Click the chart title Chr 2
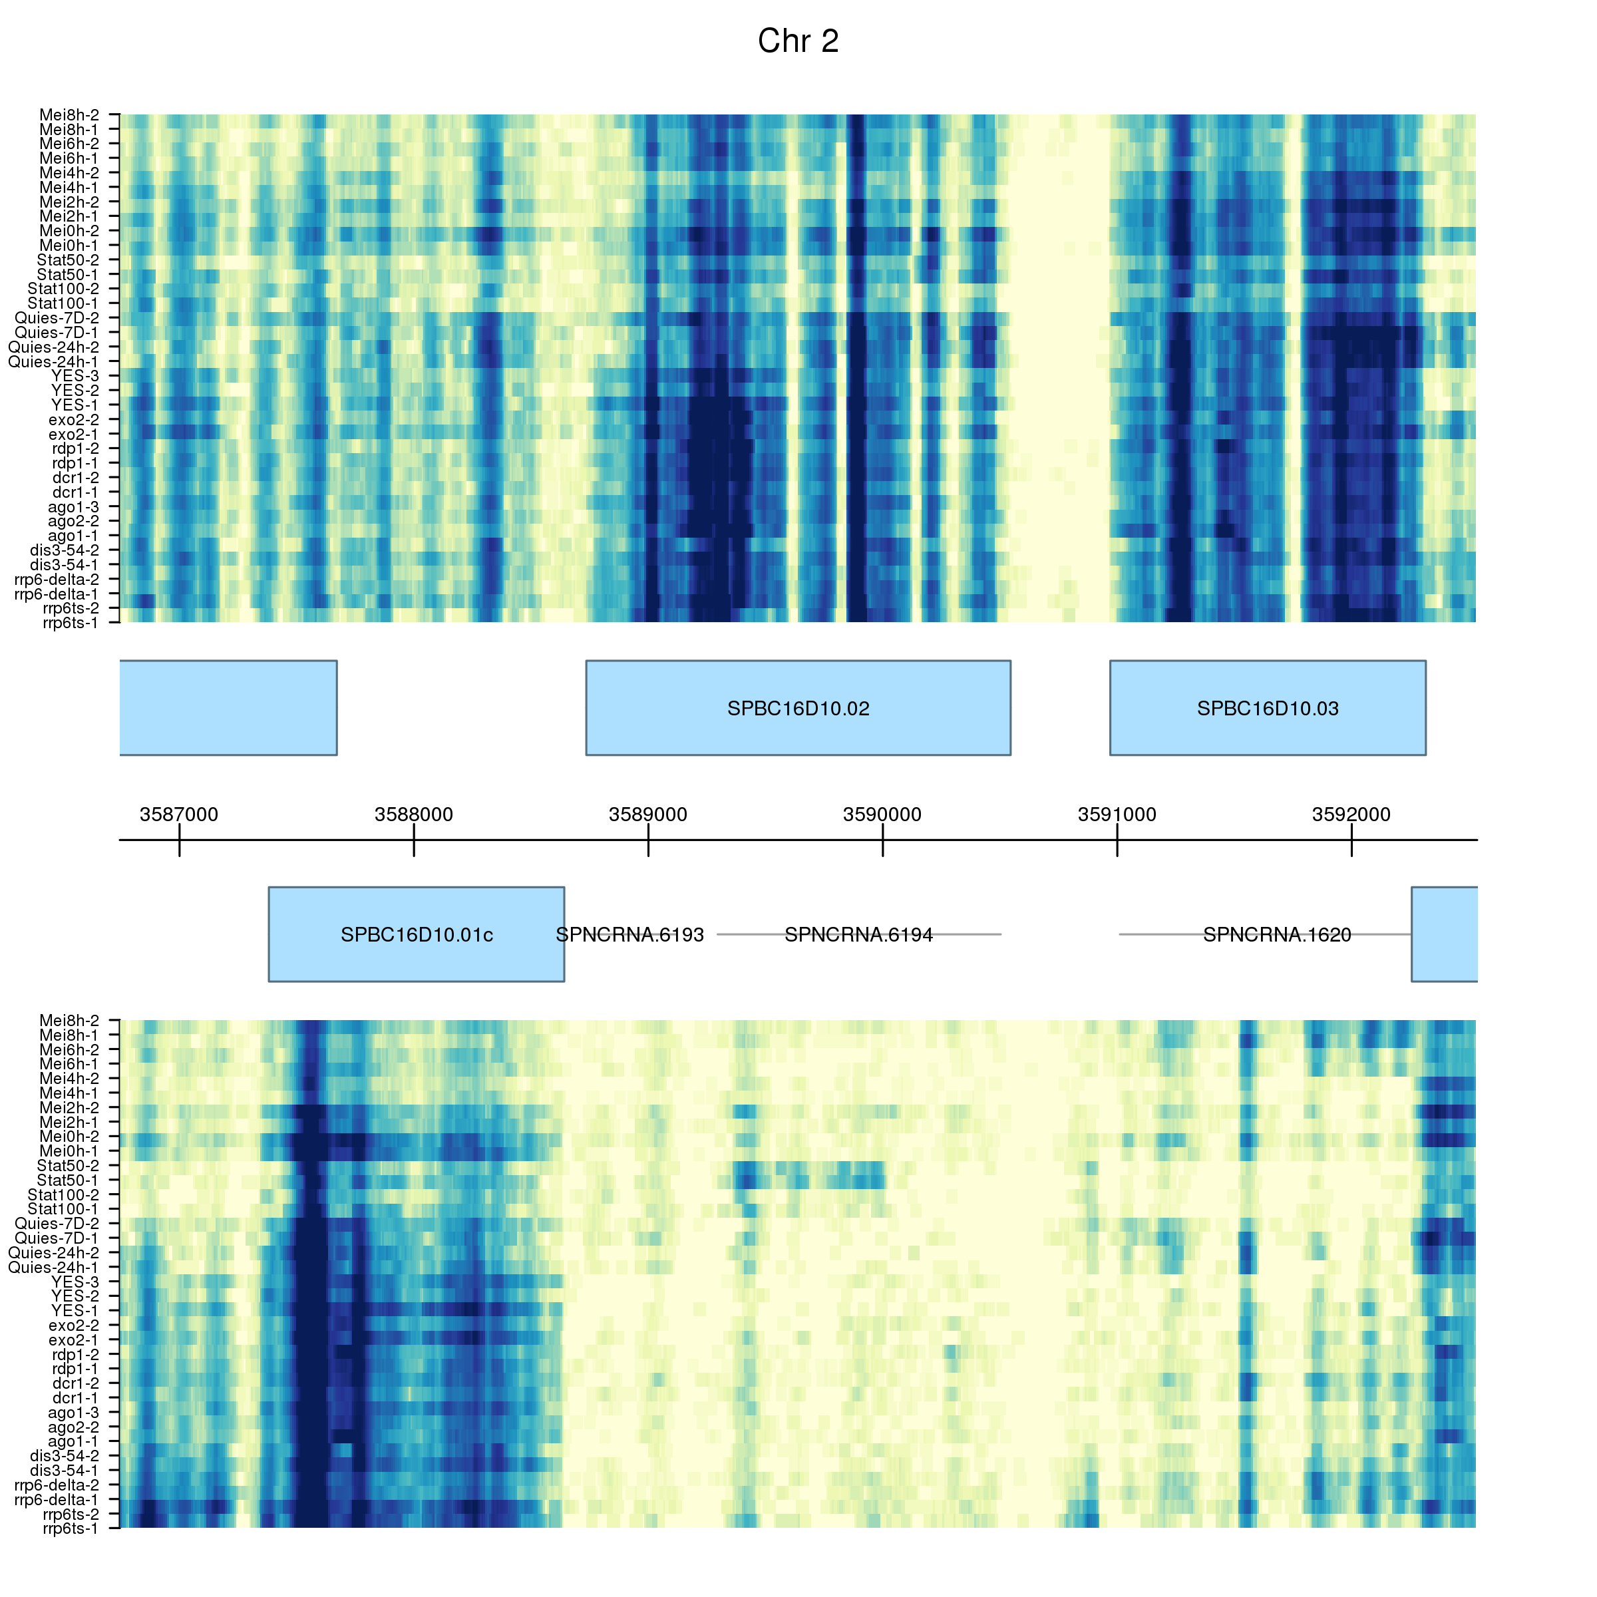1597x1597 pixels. tap(798, 41)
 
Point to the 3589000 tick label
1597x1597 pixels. tap(648, 814)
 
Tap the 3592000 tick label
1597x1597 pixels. tap(1351, 814)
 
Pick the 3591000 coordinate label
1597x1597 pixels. tap(1117, 814)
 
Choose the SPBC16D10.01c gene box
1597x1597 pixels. tap(416, 934)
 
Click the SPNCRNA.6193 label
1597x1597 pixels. tap(630, 935)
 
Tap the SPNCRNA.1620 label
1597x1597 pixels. tap(1276, 935)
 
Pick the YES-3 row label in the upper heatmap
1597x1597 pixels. tap(75, 376)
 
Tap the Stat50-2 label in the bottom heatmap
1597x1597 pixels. tap(68, 1166)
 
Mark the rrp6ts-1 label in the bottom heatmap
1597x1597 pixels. tap(71, 1528)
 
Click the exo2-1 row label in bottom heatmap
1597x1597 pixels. tap(74, 1340)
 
